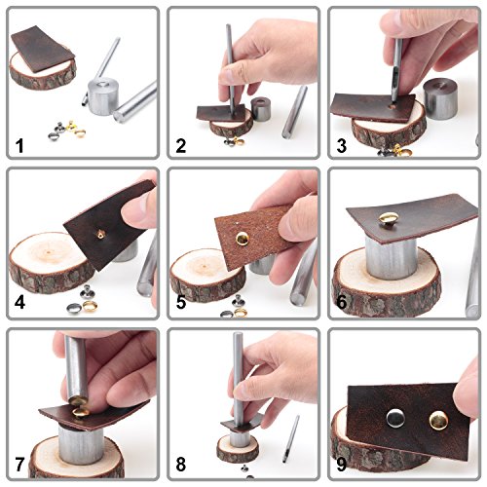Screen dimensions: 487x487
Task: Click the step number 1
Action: coord(19,146)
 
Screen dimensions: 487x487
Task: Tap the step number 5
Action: coord(181,302)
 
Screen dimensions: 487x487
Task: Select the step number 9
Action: coord(342,465)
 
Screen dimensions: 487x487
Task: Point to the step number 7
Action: coord(19,465)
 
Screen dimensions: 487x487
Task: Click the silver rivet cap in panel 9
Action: coord(395,418)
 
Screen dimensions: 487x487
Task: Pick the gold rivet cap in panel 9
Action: coord(438,421)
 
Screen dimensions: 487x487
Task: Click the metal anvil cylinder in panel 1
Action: coord(103,95)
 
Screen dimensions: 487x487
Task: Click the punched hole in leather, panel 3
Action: coord(393,106)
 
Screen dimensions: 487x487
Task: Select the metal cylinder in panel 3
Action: coord(440,99)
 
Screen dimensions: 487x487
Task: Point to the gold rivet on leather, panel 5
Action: coord(243,239)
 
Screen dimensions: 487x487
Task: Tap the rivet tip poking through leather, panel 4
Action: coord(99,234)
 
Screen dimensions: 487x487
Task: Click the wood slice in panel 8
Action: coord(238,448)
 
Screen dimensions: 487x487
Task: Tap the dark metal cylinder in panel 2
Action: coord(262,109)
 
